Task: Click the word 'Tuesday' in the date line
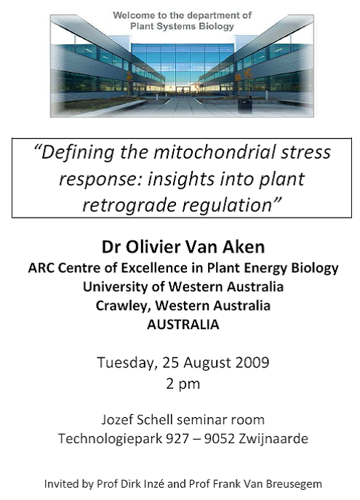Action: click(x=127, y=363)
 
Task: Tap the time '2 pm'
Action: click(x=183, y=384)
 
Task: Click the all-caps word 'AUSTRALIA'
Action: click(x=183, y=325)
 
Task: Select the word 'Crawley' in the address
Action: click(x=123, y=306)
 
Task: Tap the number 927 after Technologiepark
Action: click(x=177, y=439)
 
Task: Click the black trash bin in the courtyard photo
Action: click(x=244, y=105)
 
